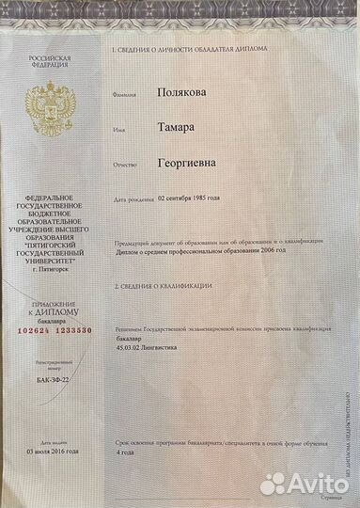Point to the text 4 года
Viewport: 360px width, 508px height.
pyautogui.click(x=124, y=452)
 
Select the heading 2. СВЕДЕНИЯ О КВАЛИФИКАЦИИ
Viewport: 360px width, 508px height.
pyautogui.click(x=162, y=285)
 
